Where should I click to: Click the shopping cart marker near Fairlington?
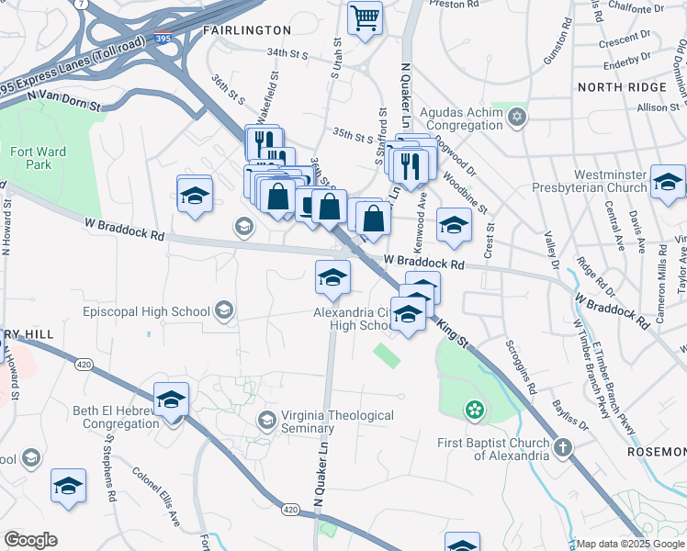[365, 17]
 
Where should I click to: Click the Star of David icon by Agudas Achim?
[517, 117]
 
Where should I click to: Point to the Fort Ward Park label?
[32, 158]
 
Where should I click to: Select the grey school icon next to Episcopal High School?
[223, 310]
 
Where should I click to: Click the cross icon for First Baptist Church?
[562, 447]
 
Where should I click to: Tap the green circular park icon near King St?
[474, 410]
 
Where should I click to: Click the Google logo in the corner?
[30, 540]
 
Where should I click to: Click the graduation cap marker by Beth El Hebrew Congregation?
[171, 400]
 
